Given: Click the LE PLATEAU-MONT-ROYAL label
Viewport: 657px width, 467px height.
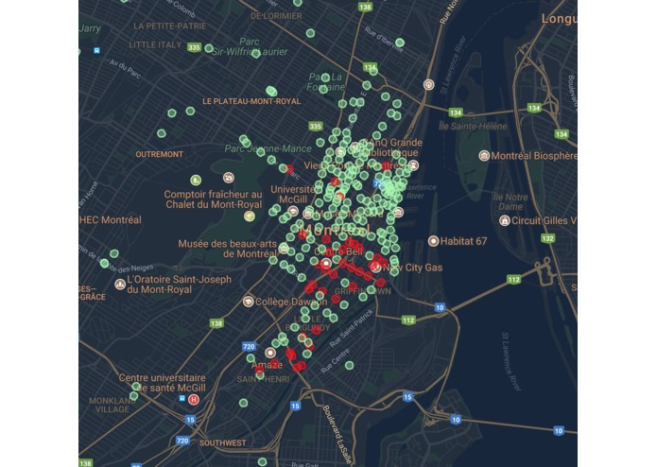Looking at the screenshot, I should pyautogui.click(x=251, y=100).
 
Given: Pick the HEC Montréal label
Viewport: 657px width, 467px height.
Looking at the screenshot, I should pyautogui.click(x=110, y=219).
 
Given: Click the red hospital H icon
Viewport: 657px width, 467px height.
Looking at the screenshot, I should pyautogui.click(x=194, y=400).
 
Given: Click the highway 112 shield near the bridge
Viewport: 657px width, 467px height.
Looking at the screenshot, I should pyautogui.click(x=513, y=279).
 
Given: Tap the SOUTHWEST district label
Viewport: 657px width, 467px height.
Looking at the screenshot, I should pyautogui.click(x=223, y=442).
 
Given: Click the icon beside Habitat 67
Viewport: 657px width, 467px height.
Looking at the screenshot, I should pyautogui.click(x=433, y=241).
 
